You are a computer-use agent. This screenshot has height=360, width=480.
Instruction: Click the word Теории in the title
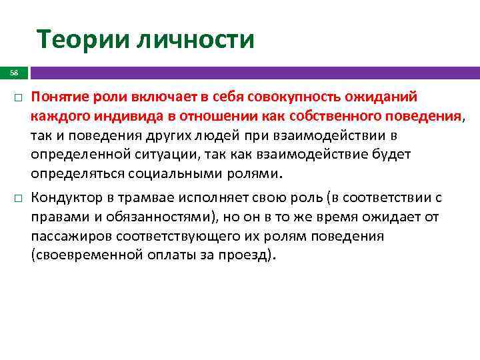[x=81, y=39]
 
